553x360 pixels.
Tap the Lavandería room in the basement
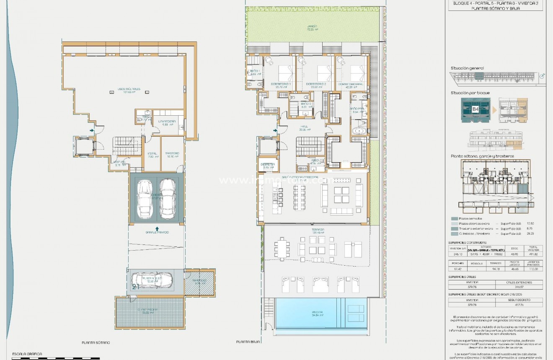tap(168, 122)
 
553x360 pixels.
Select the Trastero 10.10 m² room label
tap(172, 154)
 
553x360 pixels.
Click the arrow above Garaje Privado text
tap(157, 228)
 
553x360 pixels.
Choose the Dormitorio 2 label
tap(316, 85)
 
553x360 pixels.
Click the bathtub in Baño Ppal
tap(359, 131)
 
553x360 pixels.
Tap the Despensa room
tap(268, 166)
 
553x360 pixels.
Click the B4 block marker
tap(475, 109)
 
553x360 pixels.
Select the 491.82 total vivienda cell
tap(534, 254)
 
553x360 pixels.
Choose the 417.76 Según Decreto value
tap(519, 305)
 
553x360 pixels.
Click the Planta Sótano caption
tap(96, 342)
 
